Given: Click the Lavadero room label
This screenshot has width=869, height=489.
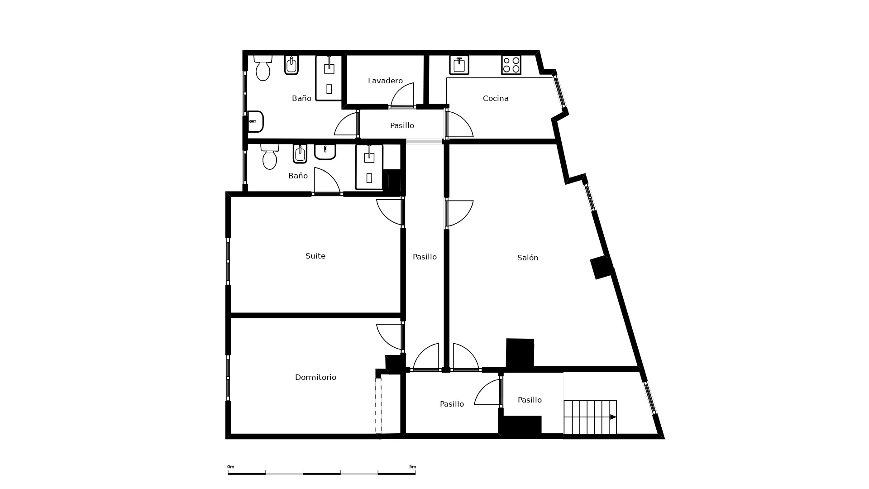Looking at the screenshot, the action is (x=385, y=81).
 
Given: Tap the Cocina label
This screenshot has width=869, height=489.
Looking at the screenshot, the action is (x=496, y=98).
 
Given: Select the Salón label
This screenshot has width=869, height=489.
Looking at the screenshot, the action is (x=528, y=258).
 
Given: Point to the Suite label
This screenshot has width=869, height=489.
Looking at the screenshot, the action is (x=315, y=256).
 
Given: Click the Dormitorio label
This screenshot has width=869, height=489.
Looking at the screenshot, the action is (x=315, y=377).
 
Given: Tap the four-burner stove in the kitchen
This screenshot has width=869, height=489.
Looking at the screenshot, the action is (x=511, y=65).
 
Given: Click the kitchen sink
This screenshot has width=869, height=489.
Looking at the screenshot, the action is (x=459, y=65).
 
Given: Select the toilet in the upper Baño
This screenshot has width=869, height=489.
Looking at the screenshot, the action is (x=263, y=68).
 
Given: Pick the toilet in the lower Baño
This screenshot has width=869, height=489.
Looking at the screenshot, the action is (x=270, y=157).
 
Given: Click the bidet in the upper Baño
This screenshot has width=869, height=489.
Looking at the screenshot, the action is (x=291, y=65).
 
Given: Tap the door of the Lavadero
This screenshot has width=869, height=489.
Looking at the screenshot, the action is (x=402, y=95).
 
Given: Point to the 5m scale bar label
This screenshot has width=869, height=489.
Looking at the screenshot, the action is (x=412, y=467).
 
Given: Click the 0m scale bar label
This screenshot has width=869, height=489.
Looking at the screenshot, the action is (x=231, y=467).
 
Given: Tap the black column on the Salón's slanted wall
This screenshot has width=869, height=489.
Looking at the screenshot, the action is (x=602, y=267).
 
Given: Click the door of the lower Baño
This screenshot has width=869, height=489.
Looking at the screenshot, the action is (x=327, y=181).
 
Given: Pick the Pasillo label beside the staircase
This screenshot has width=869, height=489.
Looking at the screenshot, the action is (x=530, y=400).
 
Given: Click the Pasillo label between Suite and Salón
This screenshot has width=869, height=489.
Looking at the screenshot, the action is (x=425, y=257).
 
